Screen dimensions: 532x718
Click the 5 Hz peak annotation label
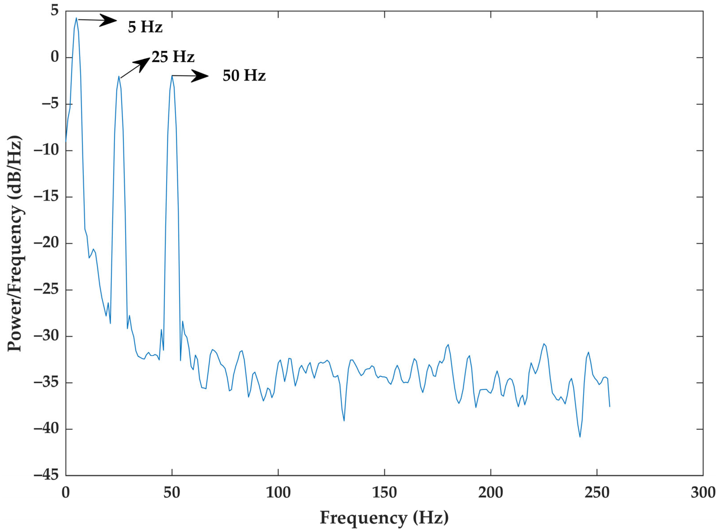[145, 27]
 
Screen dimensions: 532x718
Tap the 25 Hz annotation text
[173, 57]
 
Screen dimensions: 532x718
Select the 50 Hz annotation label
[244, 76]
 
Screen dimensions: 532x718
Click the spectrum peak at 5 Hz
[76, 18]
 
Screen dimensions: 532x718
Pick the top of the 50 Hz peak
[172, 76]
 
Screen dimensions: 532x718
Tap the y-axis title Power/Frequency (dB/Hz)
[15, 243]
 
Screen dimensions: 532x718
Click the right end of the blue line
[610, 407]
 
